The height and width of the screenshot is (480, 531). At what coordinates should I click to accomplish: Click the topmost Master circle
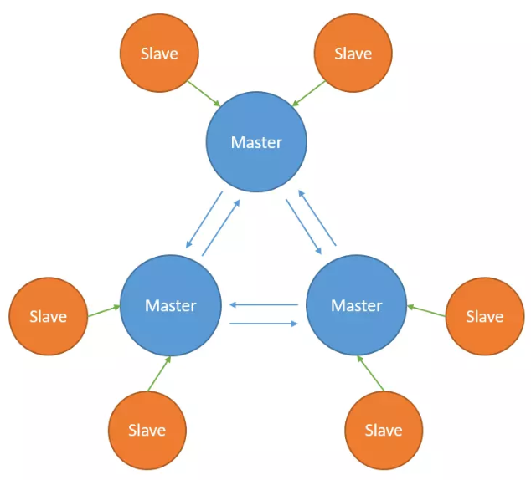point(256,142)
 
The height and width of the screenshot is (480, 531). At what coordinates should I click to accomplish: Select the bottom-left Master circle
point(171,305)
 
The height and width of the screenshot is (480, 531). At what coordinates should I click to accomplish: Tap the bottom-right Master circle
point(357,305)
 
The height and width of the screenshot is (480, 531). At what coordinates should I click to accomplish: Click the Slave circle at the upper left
point(159,54)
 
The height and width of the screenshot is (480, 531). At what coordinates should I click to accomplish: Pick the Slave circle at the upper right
point(353,54)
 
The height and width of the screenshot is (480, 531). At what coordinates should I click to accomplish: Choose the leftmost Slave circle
point(48,317)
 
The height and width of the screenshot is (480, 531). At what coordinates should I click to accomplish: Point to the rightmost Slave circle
point(484,317)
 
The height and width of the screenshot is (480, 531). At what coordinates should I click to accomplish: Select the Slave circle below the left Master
point(147,430)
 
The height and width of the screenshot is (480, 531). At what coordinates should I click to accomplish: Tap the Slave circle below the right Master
point(384,430)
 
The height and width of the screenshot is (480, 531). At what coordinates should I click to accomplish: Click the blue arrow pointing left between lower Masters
point(264,305)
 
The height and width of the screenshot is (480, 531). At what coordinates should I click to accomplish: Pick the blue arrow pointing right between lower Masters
point(264,322)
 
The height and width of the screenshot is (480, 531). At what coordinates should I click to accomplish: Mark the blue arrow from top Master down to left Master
point(204,222)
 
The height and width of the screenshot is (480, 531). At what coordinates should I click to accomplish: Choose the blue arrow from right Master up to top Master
point(318,217)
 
